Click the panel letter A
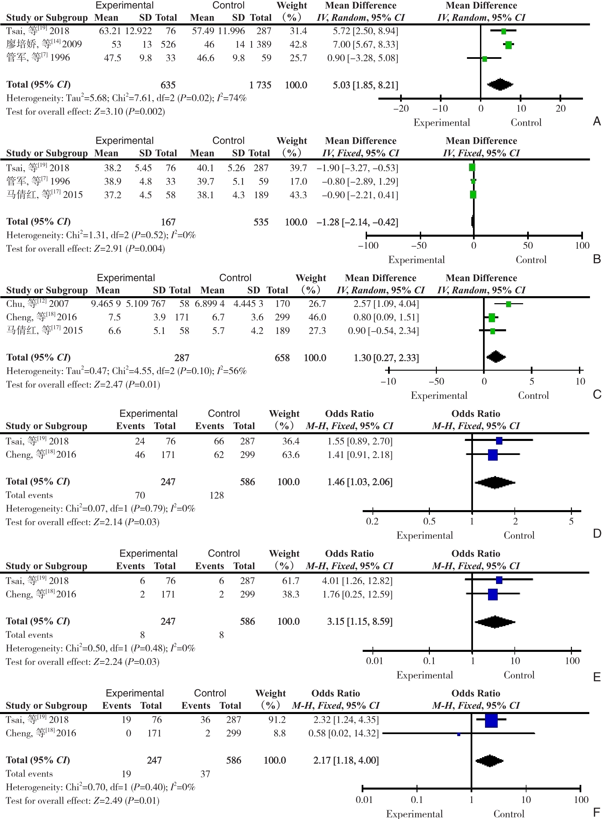coord(597,121)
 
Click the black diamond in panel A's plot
coord(500,85)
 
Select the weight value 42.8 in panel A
coord(298,44)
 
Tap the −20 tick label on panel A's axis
coord(401,108)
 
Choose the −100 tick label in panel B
coord(368,245)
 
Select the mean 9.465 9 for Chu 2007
coord(106,304)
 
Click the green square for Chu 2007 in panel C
coord(508,304)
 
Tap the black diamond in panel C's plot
coord(496,357)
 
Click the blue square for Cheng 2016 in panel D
coord(493,455)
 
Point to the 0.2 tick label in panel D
coord(372,521)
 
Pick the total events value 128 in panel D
coord(217,495)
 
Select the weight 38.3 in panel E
coord(290,594)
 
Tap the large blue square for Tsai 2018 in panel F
coord(491,721)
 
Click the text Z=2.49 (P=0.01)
coord(126,801)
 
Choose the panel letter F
coord(597,812)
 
